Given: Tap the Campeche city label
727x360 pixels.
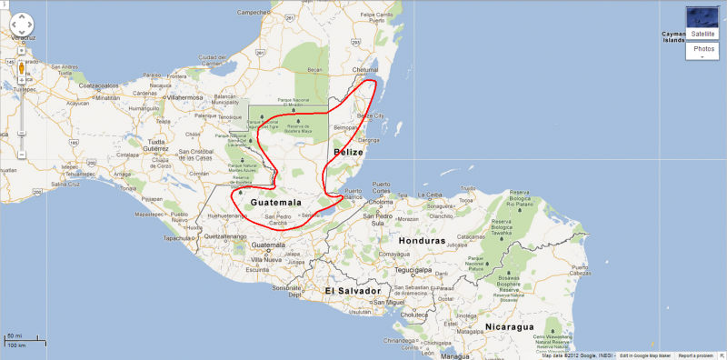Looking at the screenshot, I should tap(255, 13).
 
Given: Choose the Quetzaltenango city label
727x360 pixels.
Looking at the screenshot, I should tap(224, 235).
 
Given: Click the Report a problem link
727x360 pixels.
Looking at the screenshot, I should tap(699, 355).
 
